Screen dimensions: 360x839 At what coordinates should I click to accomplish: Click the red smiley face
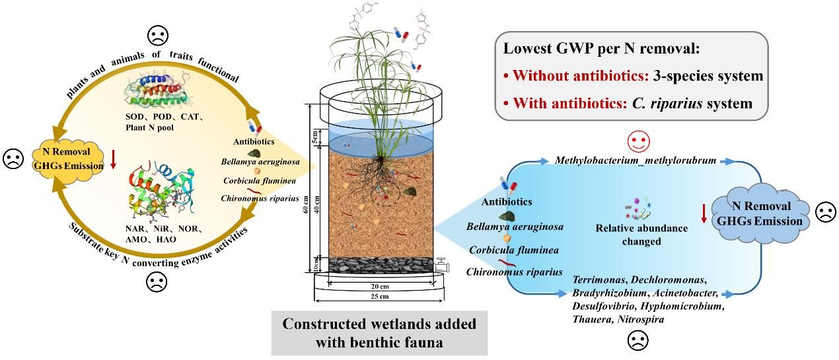[x=639, y=140]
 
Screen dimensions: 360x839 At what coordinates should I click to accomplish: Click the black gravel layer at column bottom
[x=381, y=265]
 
